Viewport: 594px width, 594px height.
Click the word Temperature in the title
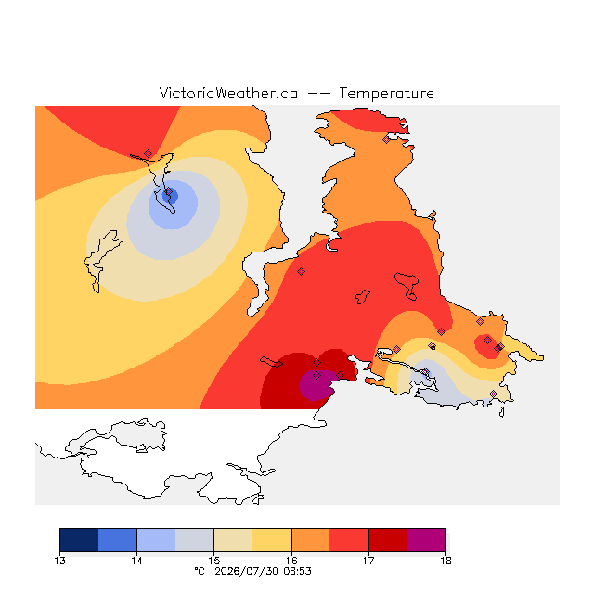[x=386, y=94]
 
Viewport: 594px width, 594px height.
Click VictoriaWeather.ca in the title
[x=228, y=94]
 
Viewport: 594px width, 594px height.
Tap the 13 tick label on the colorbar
[x=59, y=561]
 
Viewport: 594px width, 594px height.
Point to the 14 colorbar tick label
[x=136, y=561]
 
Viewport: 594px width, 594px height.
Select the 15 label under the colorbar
[x=214, y=561]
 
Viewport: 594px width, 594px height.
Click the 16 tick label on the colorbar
[x=291, y=561]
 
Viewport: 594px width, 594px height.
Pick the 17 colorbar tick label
[x=368, y=561]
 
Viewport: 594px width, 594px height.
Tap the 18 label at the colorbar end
[x=445, y=561]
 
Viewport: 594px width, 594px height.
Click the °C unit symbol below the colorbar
[x=200, y=571]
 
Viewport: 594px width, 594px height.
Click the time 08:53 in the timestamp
[x=297, y=571]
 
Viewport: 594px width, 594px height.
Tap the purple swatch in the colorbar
[x=426, y=540]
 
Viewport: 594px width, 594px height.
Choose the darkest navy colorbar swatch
[x=79, y=540]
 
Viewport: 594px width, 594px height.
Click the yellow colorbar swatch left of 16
[x=272, y=540]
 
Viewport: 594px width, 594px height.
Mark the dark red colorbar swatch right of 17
[x=388, y=540]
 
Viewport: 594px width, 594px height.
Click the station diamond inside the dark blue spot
[x=169, y=192]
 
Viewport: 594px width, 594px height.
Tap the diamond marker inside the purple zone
[x=317, y=375]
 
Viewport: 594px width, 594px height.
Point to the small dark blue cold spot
[x=170, y=196]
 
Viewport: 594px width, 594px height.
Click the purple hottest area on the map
[x=317, y=385]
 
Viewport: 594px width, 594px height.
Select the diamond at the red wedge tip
[x=148, y=153]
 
